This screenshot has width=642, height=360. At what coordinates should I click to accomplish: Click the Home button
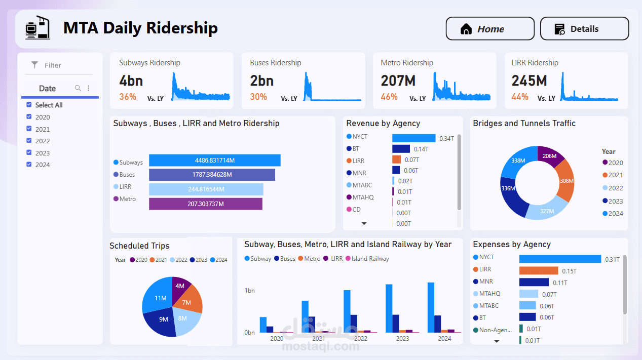489,29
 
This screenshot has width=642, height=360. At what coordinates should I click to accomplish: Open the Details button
584,29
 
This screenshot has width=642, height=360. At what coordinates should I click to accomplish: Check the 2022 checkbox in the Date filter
29,141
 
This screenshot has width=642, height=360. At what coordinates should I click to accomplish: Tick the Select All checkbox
29,105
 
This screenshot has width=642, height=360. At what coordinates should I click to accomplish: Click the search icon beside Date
78,88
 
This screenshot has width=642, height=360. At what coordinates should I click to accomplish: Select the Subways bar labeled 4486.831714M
214,161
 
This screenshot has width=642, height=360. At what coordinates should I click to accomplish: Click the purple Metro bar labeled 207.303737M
205,204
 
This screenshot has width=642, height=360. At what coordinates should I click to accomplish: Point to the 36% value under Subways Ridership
128,97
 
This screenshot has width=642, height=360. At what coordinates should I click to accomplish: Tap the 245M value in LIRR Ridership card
529,81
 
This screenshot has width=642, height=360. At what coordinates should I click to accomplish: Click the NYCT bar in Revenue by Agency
413,138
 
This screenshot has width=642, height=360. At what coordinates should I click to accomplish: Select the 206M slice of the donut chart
549,155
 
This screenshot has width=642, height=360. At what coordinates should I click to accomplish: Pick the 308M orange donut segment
567,181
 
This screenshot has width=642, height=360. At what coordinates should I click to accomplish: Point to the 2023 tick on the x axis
402,339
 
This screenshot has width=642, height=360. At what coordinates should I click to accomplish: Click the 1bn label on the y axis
249,291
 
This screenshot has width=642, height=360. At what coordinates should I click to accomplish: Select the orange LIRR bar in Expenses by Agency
538,271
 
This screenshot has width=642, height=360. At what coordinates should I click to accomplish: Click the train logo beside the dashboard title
39,28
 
